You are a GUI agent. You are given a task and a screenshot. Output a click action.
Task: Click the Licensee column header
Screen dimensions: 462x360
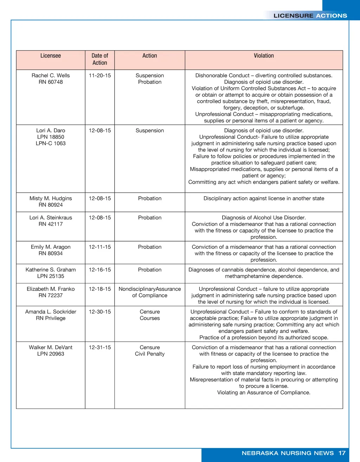pyautogui.click(x=51, y=56)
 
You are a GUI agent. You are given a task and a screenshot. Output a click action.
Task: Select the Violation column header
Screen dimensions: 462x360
pyautogui.click(x=264, y=56)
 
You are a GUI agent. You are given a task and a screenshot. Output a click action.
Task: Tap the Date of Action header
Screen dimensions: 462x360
pyautogui.click(x=100, y=59)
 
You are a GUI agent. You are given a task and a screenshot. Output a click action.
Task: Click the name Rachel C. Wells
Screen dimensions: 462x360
pyautogui.click(x=51, y=76)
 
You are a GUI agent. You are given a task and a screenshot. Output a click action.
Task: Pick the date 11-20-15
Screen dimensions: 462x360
pyautogui.click(x=100, y=76)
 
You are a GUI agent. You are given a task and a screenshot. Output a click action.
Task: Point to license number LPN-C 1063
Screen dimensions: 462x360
pyautogui.click(x=51, y=143)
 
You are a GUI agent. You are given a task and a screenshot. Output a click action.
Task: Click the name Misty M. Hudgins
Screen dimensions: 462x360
pyautogui.click(x=51, y=199)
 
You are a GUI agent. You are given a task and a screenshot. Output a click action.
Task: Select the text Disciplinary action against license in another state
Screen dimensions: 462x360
pyautogui.click(x=264, y=199)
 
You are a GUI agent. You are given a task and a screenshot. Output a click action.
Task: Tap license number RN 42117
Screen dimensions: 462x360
pyautogui.click(x=51, y=224)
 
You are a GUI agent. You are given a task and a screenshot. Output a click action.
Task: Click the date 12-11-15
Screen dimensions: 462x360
pyautogui.click(x=100, y=247)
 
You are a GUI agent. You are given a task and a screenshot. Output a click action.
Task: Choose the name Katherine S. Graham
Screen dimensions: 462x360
pyautogui.click(x=51, y=270)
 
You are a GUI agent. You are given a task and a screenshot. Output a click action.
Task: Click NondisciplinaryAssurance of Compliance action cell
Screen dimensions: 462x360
pyautogui.click(x=150, y=292)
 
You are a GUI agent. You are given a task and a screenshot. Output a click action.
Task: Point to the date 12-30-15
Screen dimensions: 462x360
pyautogui.click(x=100, y=312)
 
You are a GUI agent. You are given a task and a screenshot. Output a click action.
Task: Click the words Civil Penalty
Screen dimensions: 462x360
pyautogui.click(x=150, y=354)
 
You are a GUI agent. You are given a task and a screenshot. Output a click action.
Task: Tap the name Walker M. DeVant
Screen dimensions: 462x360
pyautogui.click(x=51, y=348)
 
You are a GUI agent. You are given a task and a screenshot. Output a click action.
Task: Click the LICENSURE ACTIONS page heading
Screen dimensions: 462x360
pyautogui.click(x=310, y=16)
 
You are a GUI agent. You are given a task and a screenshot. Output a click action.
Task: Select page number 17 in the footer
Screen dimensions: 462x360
pyautogui.click(x=342, y=453)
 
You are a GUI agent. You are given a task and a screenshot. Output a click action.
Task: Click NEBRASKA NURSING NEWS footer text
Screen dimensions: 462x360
pyautogui.click(x=288, y=453)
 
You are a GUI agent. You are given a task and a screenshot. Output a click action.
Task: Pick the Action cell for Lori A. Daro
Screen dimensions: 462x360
pyautogui.click(x=150, y=131)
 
